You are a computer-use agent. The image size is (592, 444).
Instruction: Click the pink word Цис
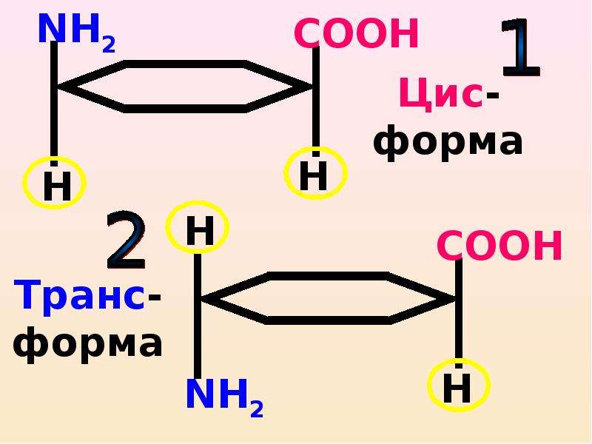[441, 94]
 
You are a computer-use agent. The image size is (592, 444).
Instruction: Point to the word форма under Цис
[448, 141]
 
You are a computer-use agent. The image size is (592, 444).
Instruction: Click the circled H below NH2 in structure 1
[55, 183]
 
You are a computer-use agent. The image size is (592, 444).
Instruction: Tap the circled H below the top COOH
[315, 173]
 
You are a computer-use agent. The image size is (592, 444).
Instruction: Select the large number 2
[126, 240]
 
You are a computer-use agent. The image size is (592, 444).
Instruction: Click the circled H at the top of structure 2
[198, 227]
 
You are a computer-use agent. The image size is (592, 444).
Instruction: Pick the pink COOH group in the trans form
[499, 245]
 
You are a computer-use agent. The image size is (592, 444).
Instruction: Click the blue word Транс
[79, 296]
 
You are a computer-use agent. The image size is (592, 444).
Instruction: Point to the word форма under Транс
[87, 343]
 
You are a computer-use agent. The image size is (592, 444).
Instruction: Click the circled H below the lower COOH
[459, 385]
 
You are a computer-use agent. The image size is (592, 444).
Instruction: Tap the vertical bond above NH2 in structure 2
[198, 316]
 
